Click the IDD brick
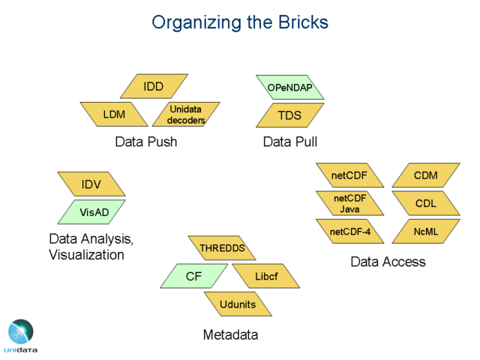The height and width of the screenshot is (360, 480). (x=154, y=87)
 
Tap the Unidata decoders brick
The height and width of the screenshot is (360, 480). (x=186, y=115)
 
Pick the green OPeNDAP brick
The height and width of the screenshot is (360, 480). (x=289, y=88)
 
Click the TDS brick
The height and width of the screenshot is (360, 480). (x=289, y=115)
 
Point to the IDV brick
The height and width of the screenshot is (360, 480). (x=91, y=184)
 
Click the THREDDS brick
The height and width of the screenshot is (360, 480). (x=221, y=247)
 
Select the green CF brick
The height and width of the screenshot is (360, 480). (x=194, y=276)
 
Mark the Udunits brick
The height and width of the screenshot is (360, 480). (x=238, y=304)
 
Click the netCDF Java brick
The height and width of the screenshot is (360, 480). (x=350, y=203)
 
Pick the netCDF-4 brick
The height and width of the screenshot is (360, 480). (x=350, y=232)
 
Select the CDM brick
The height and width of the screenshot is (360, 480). (x=426, y=175)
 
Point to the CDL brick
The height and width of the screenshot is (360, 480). (x=426, y=203)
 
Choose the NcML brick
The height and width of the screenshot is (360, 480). (x=426, y=232)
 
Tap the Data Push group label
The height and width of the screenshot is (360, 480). (x=146, y=141)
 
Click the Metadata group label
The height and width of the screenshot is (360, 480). (x=230, y=334)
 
